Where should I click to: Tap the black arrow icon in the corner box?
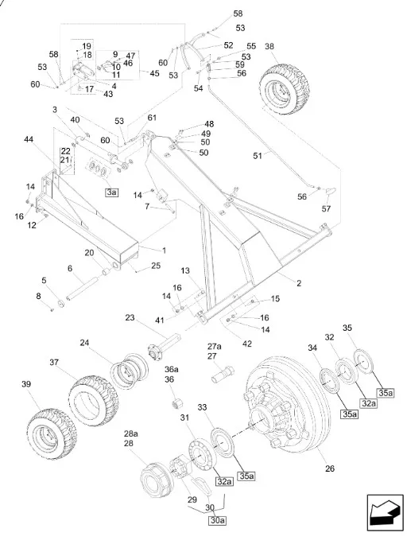point(384,512)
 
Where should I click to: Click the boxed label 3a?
point(111,192)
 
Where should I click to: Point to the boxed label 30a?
point(217,520)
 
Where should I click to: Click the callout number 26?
point(330,468)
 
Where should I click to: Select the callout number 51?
point(258,156)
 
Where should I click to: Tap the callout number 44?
point(29,139)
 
